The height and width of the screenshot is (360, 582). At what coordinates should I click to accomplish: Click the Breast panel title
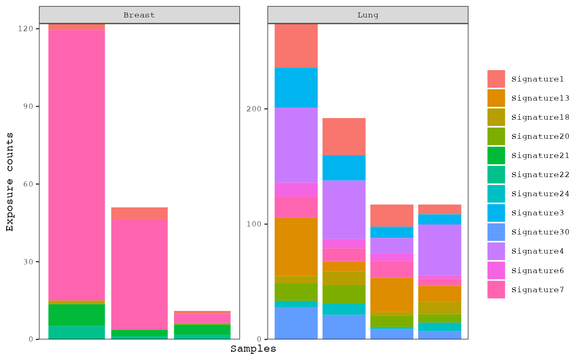pos(139,15)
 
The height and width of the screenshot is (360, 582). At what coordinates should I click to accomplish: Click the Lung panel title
pos(368,15)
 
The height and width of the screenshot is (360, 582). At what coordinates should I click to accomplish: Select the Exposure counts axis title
pos(10,182)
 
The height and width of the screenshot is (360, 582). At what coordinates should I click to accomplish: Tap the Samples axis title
pos(253,349)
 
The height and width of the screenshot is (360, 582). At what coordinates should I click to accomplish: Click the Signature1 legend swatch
pos(496,79)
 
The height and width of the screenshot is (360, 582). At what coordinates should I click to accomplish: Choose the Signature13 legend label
pos(540,98)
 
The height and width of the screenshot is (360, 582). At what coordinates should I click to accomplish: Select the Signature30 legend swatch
pos(496,232)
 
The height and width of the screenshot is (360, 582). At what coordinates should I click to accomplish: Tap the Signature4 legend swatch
pos(496,251)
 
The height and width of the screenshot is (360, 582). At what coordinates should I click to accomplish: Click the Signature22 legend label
pos(540,175)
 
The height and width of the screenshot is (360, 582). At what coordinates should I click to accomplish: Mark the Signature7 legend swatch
pos(496,289)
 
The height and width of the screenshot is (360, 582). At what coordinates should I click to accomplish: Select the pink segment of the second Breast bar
pos(139,274)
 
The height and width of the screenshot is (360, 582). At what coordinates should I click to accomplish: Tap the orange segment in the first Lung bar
pos(296,247)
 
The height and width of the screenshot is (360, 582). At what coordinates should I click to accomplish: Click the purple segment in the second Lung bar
pos(344,210)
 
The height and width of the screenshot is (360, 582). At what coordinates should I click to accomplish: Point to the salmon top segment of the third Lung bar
pos(392,215)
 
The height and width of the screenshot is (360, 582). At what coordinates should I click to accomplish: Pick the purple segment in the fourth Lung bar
pos(439,249)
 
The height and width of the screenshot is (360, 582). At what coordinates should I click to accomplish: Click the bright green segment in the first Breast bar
pos(77,315)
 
